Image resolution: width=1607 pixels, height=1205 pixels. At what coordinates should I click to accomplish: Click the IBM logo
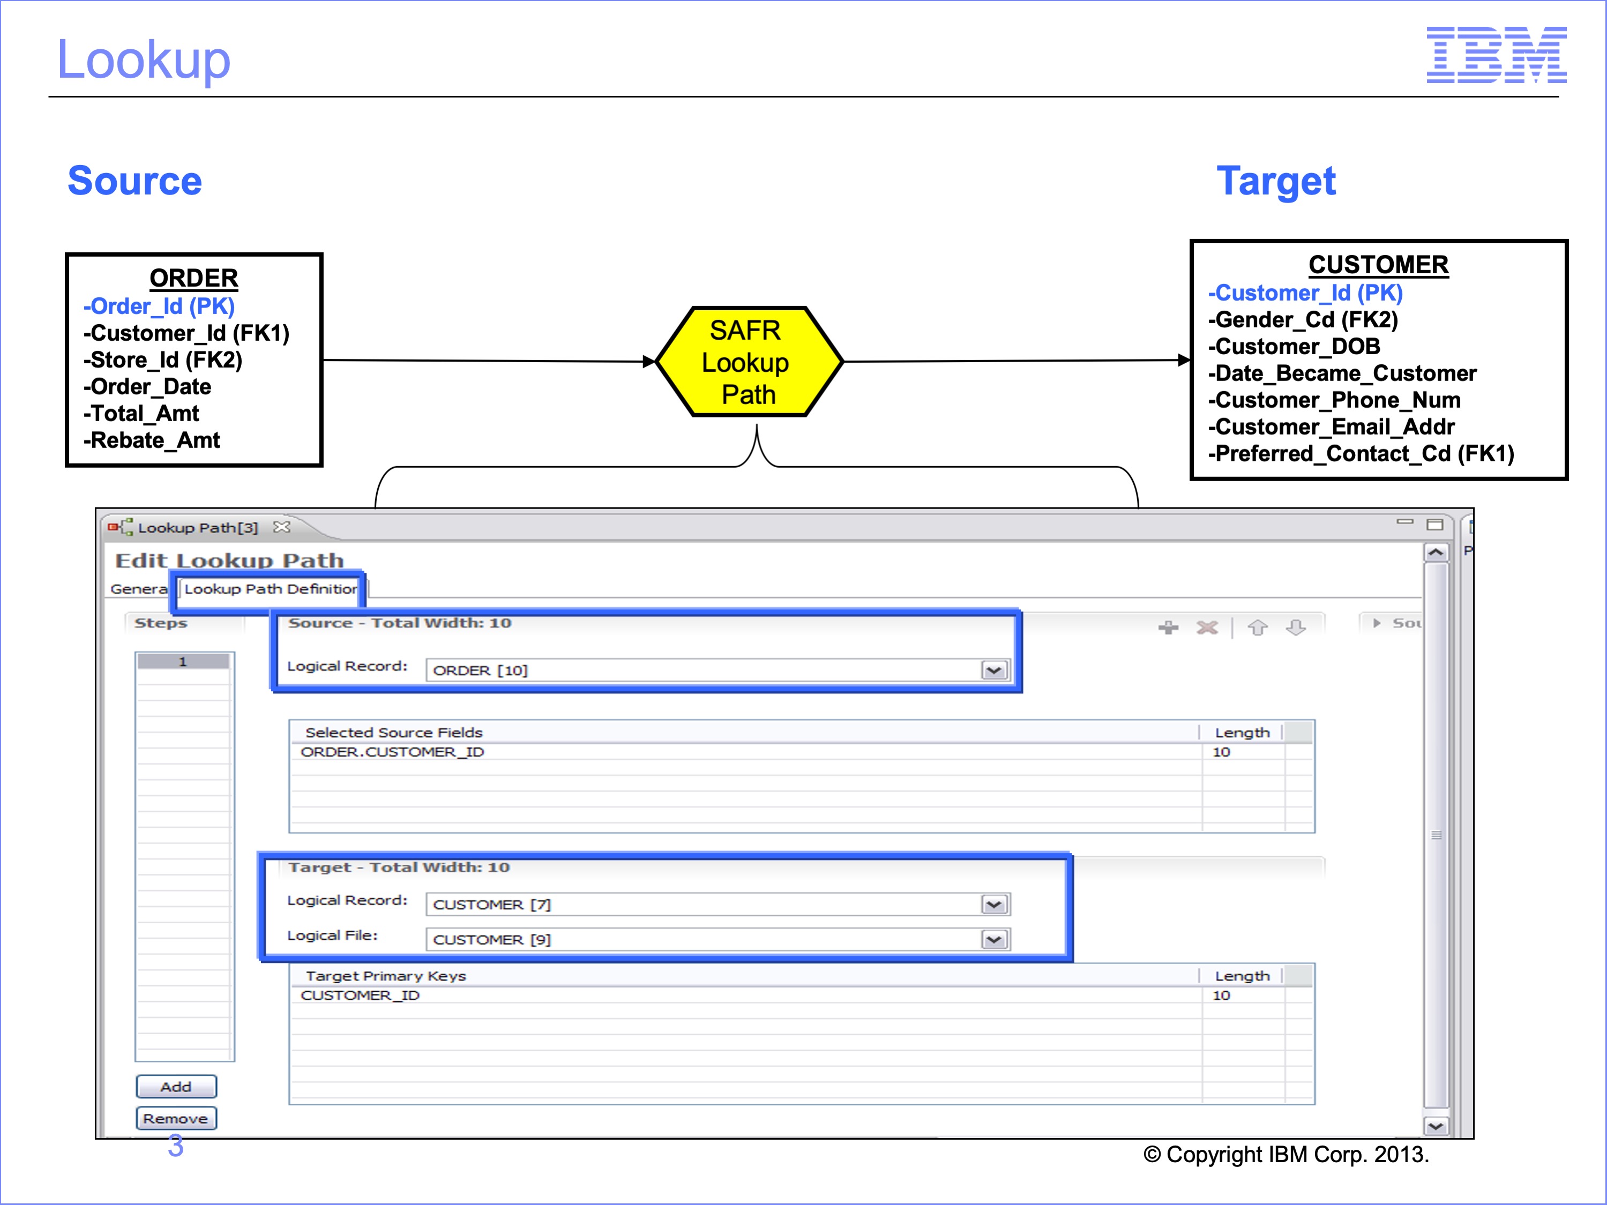point(1496,55)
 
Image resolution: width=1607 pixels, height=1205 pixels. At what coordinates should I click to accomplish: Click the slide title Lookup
point(144,59)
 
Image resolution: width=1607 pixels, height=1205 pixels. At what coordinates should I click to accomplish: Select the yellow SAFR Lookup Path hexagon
point(749,362)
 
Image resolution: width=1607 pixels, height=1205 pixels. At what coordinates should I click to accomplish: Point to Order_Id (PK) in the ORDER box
point(159,306)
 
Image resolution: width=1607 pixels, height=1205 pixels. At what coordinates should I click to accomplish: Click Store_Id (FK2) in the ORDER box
point(163,360)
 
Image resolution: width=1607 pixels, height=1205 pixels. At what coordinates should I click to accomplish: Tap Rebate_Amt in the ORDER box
point(151,440)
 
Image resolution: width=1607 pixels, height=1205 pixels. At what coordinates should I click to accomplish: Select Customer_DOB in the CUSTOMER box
point(1294,347)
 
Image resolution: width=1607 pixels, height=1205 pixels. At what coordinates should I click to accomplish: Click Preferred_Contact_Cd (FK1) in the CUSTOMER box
point(1361,454)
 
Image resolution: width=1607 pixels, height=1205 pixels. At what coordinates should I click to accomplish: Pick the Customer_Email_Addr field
point(1331,427)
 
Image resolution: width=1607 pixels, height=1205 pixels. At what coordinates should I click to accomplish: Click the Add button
point(176,1087)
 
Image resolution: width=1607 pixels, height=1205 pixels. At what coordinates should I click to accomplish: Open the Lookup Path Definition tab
point(270,589)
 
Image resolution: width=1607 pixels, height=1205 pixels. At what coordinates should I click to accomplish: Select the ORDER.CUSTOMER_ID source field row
point(392,752)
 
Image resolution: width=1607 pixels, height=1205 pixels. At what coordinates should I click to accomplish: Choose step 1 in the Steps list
point(183,662)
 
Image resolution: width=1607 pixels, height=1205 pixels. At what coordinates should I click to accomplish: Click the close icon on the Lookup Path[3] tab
point(282,527)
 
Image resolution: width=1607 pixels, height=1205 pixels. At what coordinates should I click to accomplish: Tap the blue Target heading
point(1276,182)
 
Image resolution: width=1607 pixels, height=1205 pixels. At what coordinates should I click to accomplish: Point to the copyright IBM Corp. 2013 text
point(1286,1155)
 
